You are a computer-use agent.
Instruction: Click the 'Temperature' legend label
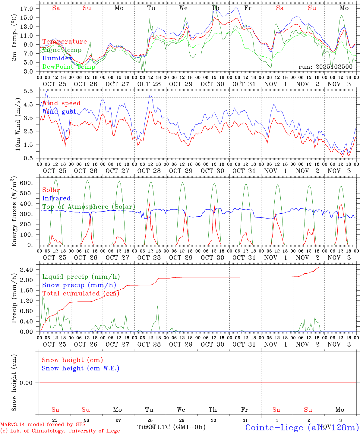65,42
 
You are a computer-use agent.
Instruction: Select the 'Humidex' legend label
58,58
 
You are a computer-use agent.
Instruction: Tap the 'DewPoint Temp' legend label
69,67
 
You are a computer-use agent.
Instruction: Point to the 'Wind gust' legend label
59,112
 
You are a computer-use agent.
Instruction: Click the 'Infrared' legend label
56,198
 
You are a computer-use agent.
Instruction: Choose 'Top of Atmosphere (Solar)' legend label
89,207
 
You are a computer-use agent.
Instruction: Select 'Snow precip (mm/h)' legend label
79,285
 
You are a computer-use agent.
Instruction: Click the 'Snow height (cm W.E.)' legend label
81,368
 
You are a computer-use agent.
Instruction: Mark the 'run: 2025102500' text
326,67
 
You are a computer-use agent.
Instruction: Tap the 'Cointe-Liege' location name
274,427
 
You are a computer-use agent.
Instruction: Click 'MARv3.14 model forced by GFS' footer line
43,425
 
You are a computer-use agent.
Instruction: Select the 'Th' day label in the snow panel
213,410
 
